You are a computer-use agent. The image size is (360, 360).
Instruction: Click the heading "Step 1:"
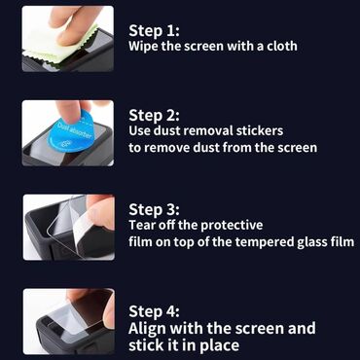point(154,31)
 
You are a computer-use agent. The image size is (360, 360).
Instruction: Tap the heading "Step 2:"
point(154,115)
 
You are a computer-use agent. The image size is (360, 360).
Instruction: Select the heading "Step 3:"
point(154,209)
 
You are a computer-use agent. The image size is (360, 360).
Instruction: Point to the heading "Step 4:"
point(154,311)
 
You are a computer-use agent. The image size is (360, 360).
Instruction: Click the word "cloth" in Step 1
point(282,46)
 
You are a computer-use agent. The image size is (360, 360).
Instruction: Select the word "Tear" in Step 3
point(141,225)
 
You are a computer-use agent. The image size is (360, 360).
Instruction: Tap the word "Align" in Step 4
point(148,329)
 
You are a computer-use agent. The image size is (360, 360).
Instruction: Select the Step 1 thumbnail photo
point(68,39)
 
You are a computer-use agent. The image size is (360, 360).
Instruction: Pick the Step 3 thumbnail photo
point(69,227)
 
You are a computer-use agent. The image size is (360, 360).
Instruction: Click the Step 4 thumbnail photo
point(69,321)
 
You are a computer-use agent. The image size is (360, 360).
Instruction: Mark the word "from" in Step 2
point(237,148)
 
